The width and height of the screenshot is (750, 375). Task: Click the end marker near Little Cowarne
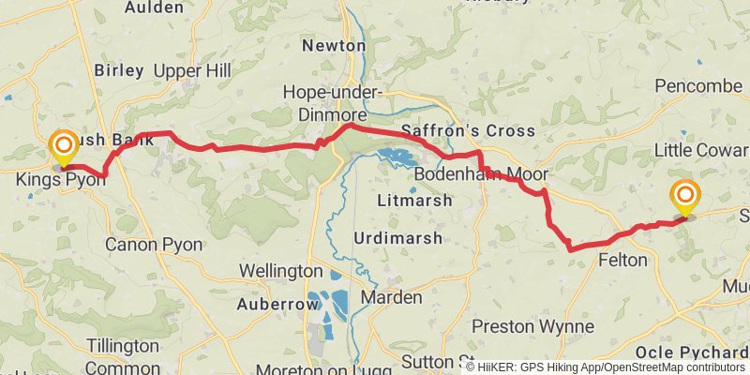click(685, 196)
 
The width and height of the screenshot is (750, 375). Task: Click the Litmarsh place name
click(413, 200)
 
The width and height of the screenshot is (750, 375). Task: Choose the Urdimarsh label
click(397, 238)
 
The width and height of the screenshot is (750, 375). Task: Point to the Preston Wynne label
click(532, 326)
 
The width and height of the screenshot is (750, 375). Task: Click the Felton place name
click(622, 260)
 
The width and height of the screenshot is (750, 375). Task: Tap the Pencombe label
click(698, 86)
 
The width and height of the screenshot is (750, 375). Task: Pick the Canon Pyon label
click(153, 245)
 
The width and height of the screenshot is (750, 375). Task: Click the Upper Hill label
click(190, 71)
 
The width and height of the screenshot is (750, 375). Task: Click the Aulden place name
click(154, 7)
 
